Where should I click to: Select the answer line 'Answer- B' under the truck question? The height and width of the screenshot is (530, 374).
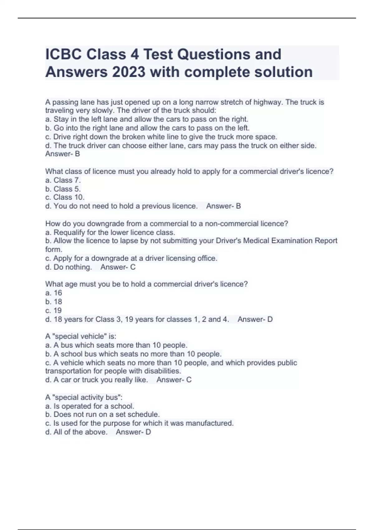pos(63,154)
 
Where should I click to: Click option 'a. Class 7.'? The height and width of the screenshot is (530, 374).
pos(63,180)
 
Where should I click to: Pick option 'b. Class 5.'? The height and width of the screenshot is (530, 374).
pos(63,189)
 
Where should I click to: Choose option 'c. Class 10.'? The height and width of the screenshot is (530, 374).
pos(65,197)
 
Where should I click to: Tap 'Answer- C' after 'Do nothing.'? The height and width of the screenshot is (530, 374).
pos(118,267)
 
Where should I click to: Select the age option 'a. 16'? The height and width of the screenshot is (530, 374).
pos(54,293)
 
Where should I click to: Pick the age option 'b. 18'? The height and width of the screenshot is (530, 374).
pos(54,302)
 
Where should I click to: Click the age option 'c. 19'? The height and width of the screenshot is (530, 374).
pos(54,311)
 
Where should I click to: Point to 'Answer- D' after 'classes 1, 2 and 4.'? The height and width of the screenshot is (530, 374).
pos(255,320)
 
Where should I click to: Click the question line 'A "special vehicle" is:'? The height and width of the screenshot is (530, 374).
pos(81,336)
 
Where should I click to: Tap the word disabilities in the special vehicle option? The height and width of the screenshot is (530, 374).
pos(162,371)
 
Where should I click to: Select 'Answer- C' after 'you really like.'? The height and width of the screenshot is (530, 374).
pos(174,380)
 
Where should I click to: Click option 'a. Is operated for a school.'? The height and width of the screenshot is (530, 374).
pos(90,406)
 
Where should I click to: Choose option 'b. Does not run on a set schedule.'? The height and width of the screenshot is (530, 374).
pos(103,415)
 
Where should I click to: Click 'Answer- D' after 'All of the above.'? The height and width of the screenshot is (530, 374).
pos(133,432)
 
